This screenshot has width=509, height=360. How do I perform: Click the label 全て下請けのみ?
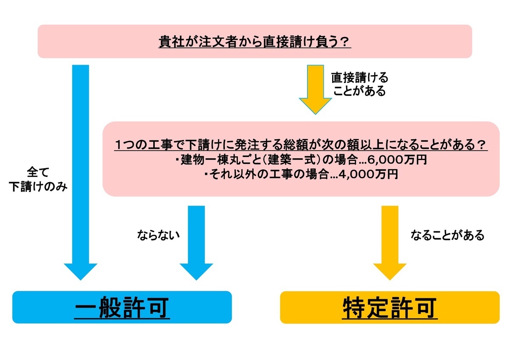pyautogui.click(x=38, y=180)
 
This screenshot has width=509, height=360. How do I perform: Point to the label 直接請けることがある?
pyautogui.click(x=359, y=84)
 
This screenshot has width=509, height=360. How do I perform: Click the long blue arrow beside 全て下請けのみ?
pyautogui.click(x=81, y=170)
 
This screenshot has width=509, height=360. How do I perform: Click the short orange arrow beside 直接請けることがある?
pyautogui.click(x=315, y=87)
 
